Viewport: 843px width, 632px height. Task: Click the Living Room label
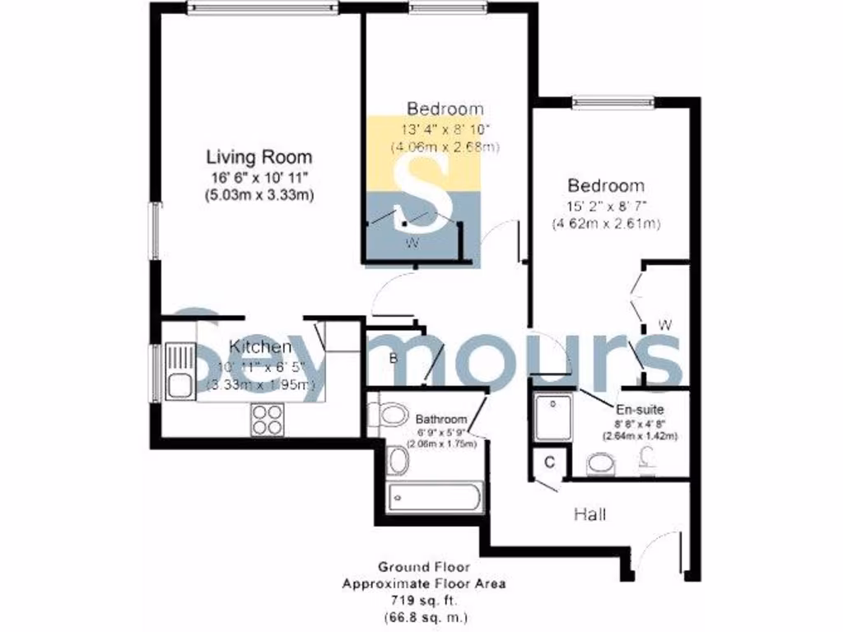pos(258,156)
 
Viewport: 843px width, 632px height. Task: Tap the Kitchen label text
pos(259,347)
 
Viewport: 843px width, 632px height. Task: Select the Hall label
pos(590,515)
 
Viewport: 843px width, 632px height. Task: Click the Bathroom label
pos(440,419)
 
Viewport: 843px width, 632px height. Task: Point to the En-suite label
pos(640,408)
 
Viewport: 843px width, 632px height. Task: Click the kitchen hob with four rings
pos(266,420)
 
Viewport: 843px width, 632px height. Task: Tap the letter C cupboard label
pos(548,462)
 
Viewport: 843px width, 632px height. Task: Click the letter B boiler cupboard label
pos(394,358)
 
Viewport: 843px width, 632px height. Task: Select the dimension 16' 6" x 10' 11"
pos(258,178)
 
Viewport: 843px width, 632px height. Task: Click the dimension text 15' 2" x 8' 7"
pos(605,207)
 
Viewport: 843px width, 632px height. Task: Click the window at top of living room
pos(263,8)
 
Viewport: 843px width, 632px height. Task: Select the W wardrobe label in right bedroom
pos(665,325)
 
